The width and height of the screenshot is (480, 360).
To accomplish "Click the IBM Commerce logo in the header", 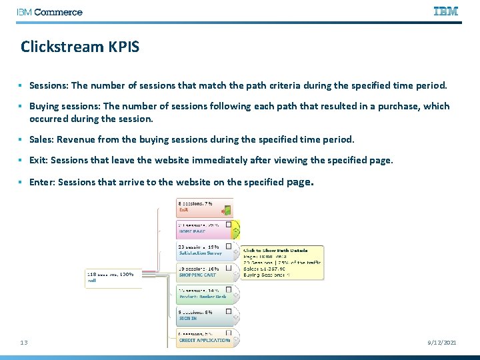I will tap(50, 12).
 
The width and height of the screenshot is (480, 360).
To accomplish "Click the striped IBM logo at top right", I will tap(445, 11).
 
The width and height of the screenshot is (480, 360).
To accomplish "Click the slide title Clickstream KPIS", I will tap(79, 47).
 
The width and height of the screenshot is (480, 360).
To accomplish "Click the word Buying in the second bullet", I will tap(44, 107).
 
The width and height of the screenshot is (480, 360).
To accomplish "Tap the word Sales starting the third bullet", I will tap(41, 140).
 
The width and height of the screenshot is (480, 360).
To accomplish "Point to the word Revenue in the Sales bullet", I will tap(77, 140).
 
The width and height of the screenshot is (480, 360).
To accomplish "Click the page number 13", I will tap(24, 342).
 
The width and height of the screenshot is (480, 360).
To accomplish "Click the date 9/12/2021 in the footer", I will tap(441, 342).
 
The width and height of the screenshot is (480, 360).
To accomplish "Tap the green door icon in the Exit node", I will tap(227, 209).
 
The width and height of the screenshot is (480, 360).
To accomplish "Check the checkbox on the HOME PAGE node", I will tap(228, 225).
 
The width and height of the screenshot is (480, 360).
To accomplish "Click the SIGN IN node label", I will tap(188, 319).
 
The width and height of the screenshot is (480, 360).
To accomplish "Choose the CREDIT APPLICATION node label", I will tap(204, 340).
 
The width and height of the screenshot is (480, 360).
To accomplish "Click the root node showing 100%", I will tap(112, 277).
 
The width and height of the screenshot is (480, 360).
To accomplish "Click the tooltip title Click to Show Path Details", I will tap(275, 251).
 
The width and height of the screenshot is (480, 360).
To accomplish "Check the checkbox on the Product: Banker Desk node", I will tap(228, 289).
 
